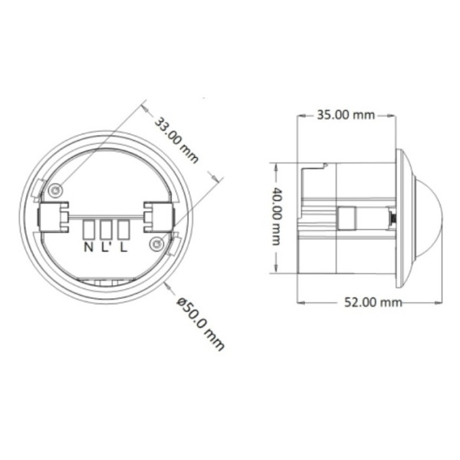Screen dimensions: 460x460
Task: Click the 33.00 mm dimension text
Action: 176,140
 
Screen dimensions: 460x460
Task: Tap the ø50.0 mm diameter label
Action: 200,322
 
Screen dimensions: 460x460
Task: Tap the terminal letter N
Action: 88,247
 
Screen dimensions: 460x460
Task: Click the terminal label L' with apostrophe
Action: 107,247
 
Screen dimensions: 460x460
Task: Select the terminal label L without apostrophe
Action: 123,247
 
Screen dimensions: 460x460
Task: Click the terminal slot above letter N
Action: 89,228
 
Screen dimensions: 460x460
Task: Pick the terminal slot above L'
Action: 106,228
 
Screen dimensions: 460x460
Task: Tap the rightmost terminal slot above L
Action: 123,228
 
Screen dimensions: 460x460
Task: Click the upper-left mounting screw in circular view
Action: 55,189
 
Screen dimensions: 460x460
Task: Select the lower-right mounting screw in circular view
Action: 156,244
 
